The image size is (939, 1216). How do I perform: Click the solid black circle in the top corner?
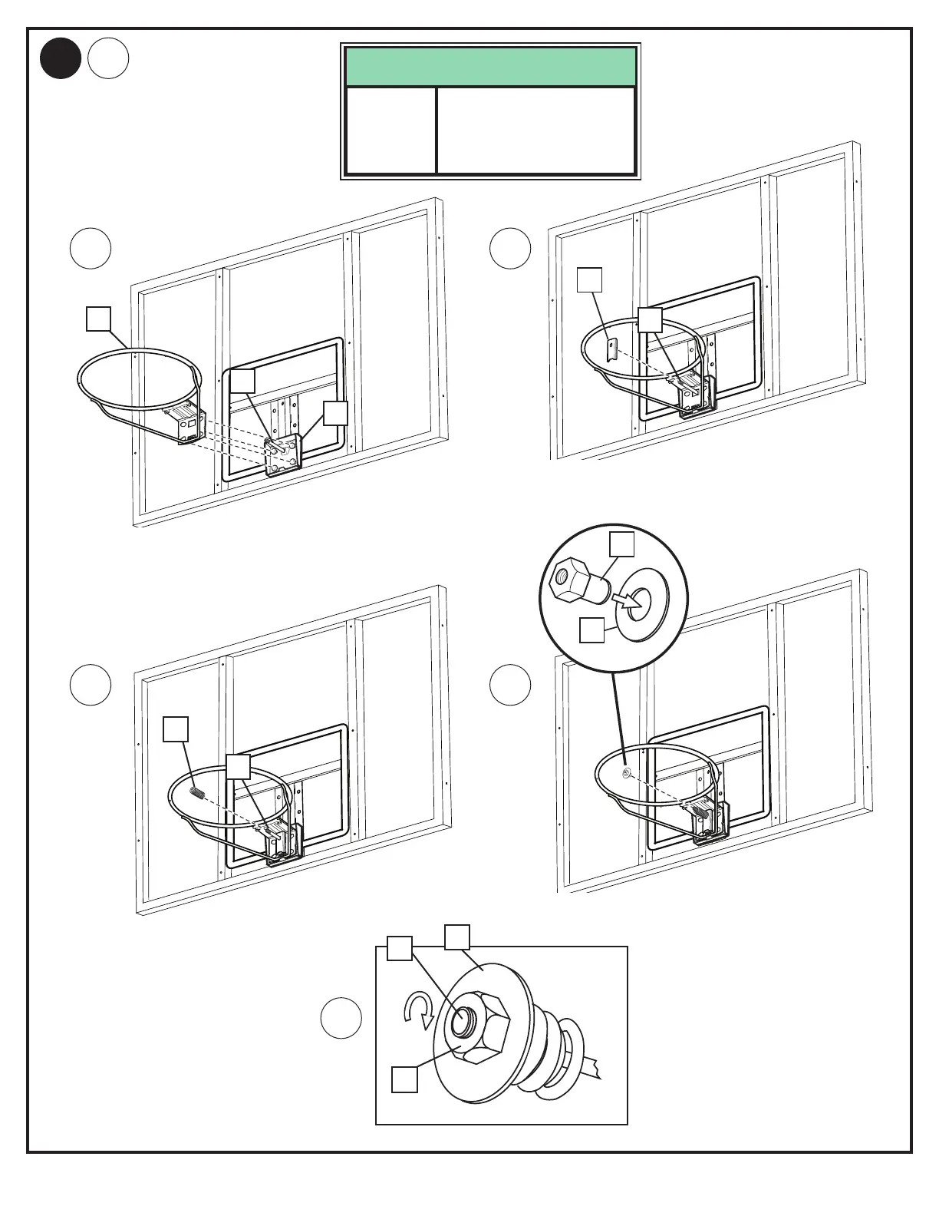pos(61,59)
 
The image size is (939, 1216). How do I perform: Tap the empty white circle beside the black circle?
pos(108,59)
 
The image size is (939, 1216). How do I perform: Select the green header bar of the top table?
pos(490,67)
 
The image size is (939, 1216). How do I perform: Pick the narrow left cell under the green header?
pos(391,131)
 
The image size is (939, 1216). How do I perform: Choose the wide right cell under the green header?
pos(536,131)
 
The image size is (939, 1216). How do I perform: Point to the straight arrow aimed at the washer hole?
pos(630,601)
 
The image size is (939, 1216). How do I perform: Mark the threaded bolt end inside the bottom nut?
pos(463,1022)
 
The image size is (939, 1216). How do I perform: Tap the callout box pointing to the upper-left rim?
pos(98,319)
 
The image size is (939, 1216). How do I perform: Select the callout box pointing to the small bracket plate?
pos(589,279)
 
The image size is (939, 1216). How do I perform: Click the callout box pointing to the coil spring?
pos(176,729)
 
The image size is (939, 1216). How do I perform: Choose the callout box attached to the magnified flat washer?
pos(591,630)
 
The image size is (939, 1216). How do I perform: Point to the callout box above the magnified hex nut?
pos(622,544)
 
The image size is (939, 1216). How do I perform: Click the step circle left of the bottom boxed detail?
pos(341,1018)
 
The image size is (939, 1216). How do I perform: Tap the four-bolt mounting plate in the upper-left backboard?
pos(282,455)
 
